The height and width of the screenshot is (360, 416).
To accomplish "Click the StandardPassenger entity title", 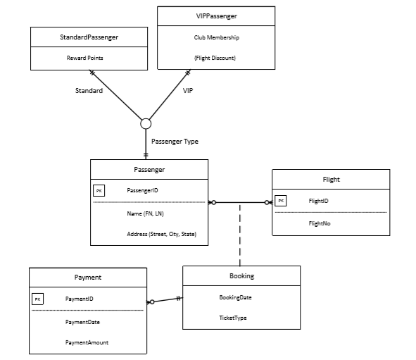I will click(89, 38).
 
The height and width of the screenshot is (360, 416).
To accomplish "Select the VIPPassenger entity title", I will click(216, 16).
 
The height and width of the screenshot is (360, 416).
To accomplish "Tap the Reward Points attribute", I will click(89, 58).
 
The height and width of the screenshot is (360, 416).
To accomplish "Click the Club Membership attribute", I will click(216, 37).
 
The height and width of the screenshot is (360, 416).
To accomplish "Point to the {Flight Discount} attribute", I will click(215, 58).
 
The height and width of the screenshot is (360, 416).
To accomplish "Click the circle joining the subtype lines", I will click(146, 124).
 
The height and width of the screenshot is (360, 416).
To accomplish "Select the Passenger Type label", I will click(175, 142).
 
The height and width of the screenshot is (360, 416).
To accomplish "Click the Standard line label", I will click(89, 91).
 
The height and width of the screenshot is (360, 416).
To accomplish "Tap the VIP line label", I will click(188, 91).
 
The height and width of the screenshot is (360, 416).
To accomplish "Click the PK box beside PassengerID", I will click(99, 190).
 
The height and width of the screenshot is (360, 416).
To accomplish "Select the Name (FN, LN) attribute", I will click(145, 213).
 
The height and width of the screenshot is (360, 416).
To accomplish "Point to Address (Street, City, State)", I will click(161, 234).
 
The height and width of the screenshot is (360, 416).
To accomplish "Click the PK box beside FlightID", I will click(280, 201).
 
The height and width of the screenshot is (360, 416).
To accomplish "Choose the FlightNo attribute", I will click(320, 223).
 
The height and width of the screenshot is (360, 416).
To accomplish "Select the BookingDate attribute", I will click(236, 297).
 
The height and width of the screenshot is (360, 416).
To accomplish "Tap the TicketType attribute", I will click(233, 318).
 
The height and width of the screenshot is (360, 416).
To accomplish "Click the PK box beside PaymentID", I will click(37, 299).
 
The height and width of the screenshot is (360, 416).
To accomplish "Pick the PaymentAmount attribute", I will click(87, 342).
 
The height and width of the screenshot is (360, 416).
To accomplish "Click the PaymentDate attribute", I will click(82, 321).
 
